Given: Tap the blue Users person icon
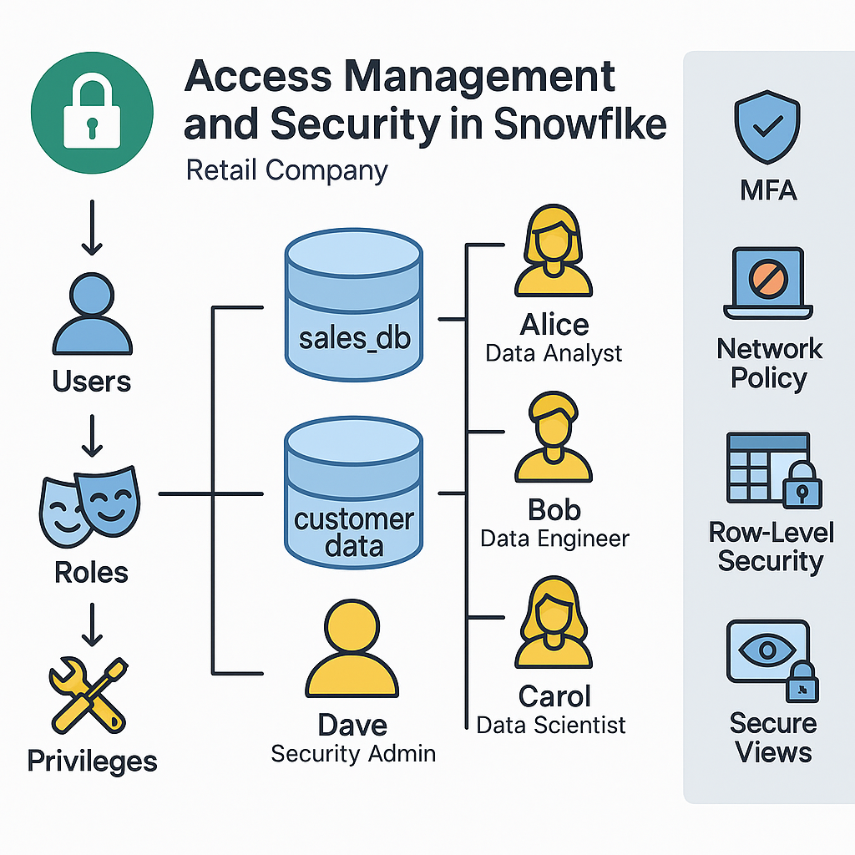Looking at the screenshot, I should click(x=92, y=316).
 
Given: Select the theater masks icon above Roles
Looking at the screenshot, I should click(x=90, y=507).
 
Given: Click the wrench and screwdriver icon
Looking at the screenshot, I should click(x=90, y=693).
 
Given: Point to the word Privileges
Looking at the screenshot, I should click(x=92, y=761).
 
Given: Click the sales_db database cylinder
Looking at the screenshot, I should click(x=352, y=306).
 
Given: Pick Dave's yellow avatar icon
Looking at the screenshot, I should click(x=352, y=647).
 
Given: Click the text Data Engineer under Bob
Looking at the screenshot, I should click(x=554, y=539).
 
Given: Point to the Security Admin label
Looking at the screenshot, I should click(x=353, y=753).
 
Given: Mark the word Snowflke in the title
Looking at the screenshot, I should click(x=579, y=124).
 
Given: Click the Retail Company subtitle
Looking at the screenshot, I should click(x=286, y=170).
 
